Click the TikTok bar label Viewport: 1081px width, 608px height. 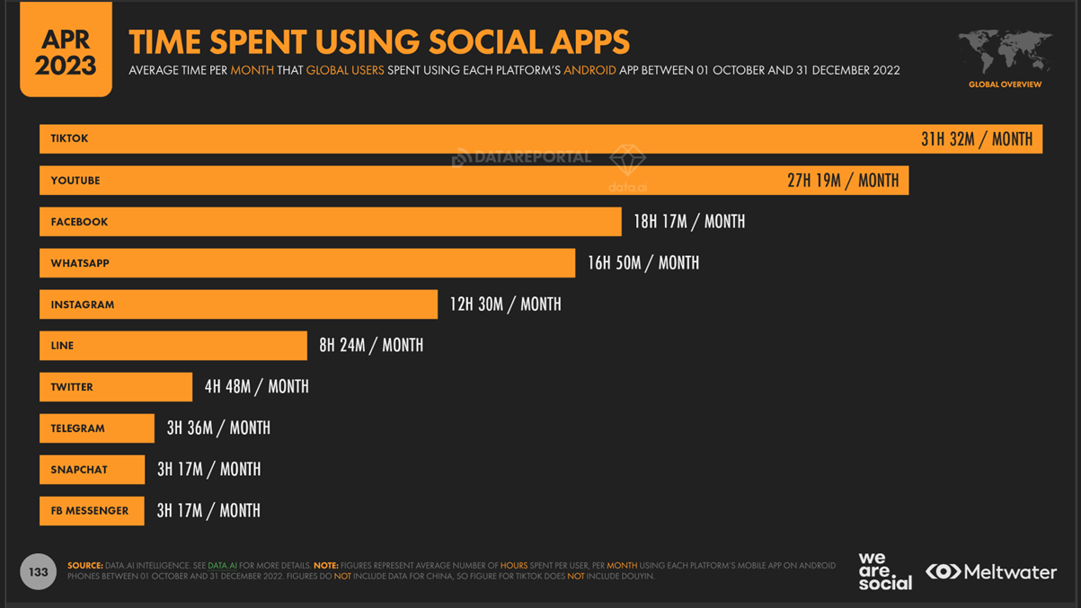[x=69, y=138]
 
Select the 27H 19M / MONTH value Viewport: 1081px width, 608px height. [x=842, y=181]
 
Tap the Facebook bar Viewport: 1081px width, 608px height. [x=330, y=222]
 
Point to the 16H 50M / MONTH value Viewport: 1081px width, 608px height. [x=642, y=263]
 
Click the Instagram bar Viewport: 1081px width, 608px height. [x=238, y=304]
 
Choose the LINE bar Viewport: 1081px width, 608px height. [x=173, y=346]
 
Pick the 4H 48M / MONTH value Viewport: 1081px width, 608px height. [x=256, y=387]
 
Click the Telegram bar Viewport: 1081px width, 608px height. [x=96, y=428]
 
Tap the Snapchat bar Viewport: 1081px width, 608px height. [x=92, y=470]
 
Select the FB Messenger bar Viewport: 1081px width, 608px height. [x=91, y=511]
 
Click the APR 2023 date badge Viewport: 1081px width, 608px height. [x=66, y=51]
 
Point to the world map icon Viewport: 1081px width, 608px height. [x=1005, y=52]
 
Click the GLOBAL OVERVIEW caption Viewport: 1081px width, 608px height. [x=1005, y=84]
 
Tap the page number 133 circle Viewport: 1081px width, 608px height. [x=38, y=572]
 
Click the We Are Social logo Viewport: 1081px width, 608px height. [x=884, y=571]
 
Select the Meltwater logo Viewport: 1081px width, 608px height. [x=991, y=572]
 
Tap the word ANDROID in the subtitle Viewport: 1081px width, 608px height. [x=589, y=70]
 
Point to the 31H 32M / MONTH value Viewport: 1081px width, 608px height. [x=976, y=139]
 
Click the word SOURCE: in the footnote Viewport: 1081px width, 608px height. [x=84, y=566]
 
